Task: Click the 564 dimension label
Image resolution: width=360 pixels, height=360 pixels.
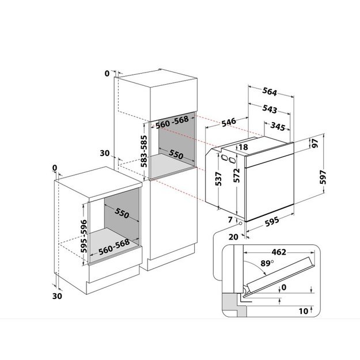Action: (x=270, y=92)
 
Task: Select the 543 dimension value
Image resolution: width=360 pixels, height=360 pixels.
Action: (x=270, y=109)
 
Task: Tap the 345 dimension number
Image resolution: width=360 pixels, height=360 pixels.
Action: (x=278, y=127)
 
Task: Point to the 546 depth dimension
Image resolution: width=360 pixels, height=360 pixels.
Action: (x=229, y=122)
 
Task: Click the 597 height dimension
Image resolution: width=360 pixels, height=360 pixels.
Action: (x=323, y=177)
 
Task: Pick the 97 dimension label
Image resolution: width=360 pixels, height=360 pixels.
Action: (x=315, y=143)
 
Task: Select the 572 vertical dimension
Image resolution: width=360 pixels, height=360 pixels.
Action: (x=237, y=176)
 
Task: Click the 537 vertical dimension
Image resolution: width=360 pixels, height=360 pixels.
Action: (x=219, y=179)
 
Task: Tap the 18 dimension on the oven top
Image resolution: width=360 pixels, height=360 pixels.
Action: (x=243, y=147)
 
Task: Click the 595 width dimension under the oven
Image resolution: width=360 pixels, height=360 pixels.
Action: (x=272, y=222)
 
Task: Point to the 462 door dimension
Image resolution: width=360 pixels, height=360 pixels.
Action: (x=279, y=252)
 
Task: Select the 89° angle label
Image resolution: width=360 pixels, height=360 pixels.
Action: (x=267, y=263)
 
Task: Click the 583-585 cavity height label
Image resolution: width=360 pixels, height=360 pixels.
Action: (x=144, y=151)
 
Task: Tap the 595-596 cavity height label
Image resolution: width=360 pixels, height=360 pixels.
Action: (x=84, y=236)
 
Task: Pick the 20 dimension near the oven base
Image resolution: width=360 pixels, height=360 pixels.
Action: (x=233, y=237)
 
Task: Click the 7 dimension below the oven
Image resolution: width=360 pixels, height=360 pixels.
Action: (x=230, y=219)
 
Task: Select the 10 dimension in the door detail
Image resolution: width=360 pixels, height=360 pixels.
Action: (x=304, y=311)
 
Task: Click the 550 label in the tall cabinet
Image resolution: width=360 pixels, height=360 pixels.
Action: (x=176, y=154)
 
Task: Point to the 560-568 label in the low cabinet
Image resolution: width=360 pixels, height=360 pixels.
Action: (x=114, y=247)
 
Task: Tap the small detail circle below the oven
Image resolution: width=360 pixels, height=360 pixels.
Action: (x=240, y=223)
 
